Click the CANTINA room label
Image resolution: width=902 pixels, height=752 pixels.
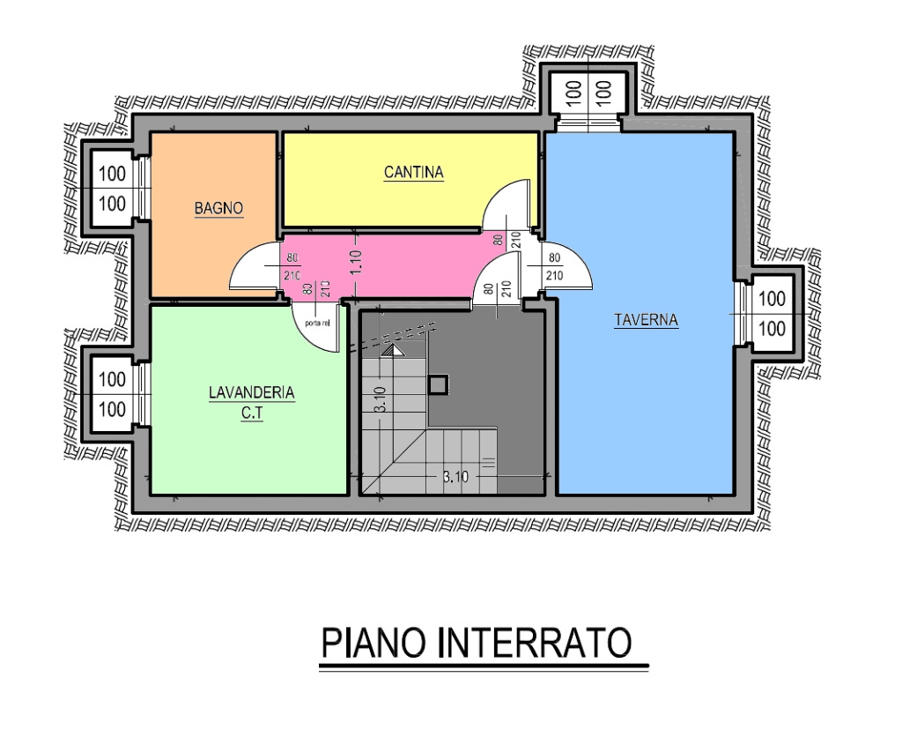(413, 173)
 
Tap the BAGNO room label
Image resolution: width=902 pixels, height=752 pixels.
(218, 209)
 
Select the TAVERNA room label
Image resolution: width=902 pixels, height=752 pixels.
(646, 321)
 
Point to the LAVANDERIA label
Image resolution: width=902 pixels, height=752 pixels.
(251, 393)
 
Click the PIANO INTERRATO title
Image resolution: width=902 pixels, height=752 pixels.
(477, 644)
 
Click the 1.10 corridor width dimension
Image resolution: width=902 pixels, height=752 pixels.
(355, 262)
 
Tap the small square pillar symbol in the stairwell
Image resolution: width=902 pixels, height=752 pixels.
(438, 384)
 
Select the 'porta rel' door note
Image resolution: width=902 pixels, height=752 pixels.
(317, 324)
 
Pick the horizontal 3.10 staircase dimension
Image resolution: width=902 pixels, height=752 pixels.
(455, 478)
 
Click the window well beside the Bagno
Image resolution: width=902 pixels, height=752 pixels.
(112, 189)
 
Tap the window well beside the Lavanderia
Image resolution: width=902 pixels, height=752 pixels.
(112, 394)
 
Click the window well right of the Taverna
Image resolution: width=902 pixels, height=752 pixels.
(772, 313)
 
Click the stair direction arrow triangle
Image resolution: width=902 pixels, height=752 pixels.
(393, 351)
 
